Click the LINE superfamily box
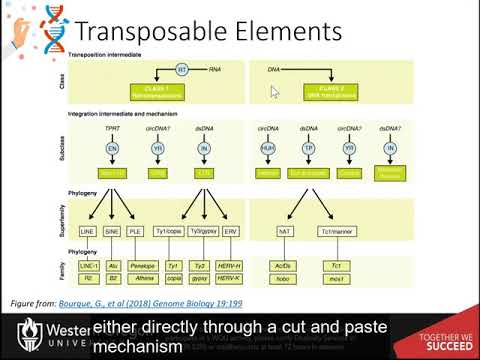click(x=86, y=231)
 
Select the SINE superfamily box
click(x=113, y=231)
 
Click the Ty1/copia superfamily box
click(x=173, y=231)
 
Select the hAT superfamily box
click(x=283, y=231)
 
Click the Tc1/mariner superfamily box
click(x=336, y=231)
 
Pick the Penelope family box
click(x=142, y=267)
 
